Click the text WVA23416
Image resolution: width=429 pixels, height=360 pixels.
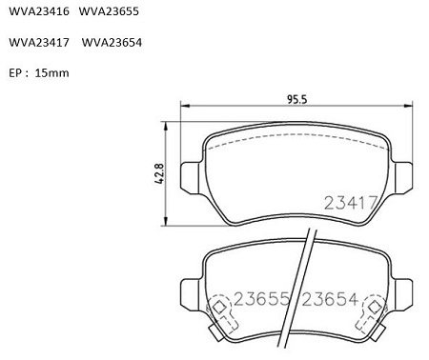pos(39,11)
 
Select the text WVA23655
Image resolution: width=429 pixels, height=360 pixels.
pos(109,11)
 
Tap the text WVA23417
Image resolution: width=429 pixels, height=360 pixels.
pos(39,42)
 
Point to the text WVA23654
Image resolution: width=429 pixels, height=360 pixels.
pos(112,42)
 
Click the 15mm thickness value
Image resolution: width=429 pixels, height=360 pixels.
pos(51,73)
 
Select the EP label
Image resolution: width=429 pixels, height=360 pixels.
pos(15,73)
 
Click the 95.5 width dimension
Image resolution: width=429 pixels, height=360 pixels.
pos(297,99)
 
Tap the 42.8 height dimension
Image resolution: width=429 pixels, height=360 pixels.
pos(159,173)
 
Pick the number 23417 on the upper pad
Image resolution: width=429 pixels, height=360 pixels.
pos(351,202)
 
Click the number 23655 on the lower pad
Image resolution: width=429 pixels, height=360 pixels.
pos(262,299)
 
